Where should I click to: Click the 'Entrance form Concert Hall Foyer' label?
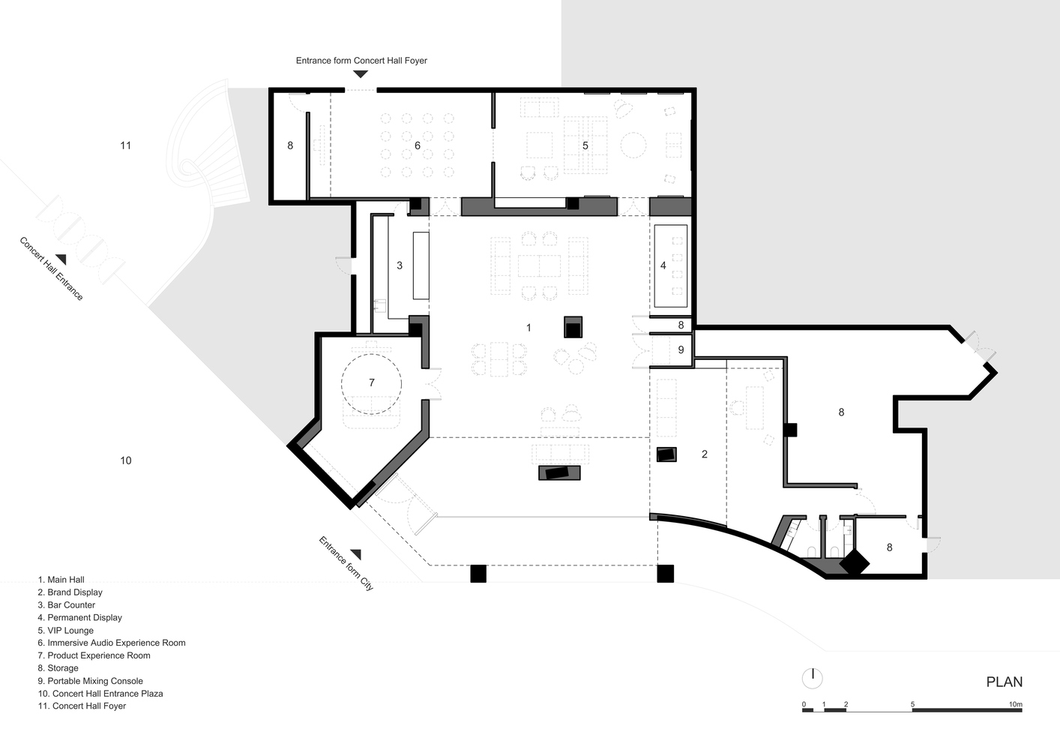coord(361,61)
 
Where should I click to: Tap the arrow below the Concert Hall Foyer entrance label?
coord(361,73)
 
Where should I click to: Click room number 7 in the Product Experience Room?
coord(372,382)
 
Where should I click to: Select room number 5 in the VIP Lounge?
coord(585,145)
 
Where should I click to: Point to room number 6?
coord(418,145)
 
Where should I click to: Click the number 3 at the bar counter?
coord(400,265)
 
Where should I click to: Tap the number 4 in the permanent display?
coord(663,265)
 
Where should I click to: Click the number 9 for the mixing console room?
coord(681,350)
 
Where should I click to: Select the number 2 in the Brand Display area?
coord(705,454)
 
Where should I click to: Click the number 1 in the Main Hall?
coord(529,328)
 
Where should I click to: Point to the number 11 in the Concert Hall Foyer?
coord(125,145)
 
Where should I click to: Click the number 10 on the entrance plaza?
coord(125,460)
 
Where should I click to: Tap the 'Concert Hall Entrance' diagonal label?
coord(52,268)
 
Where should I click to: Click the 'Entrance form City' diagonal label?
coord(346,563)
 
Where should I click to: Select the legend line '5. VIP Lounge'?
coord(66,630)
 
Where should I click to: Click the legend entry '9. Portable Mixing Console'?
coord(91,681)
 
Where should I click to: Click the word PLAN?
coord(1005,682)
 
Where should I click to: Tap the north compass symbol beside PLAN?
coord(813,679)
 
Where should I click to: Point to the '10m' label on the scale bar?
coord(1016,704)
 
